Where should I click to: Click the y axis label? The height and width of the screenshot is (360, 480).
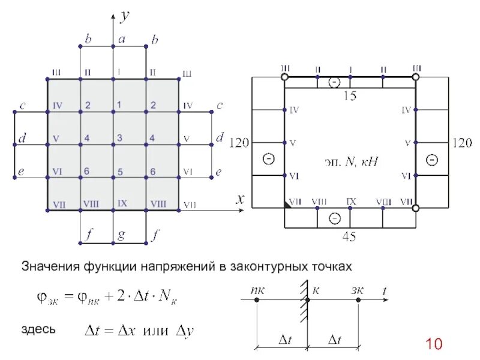pos(125,16)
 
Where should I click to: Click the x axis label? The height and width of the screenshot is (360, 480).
pos(240,200)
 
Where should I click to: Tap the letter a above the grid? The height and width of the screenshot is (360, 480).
pos(121,39)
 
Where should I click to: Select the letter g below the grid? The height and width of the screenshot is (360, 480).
pos(121,235)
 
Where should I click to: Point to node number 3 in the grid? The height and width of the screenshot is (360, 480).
pos(120,139)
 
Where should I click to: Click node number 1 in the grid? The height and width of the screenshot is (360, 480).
pos(119,105)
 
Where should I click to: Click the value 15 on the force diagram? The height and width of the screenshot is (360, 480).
pos(349,95)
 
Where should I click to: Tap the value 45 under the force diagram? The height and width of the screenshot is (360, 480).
pos(349,237)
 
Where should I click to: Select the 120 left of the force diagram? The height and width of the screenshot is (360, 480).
pos(239,143)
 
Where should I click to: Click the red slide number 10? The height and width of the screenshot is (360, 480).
pos(434,344)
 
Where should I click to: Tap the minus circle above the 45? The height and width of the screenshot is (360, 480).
pos(333,219)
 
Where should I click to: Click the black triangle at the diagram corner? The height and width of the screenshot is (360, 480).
pos(288,205)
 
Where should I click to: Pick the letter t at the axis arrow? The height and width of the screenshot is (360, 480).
pos(385,290)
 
